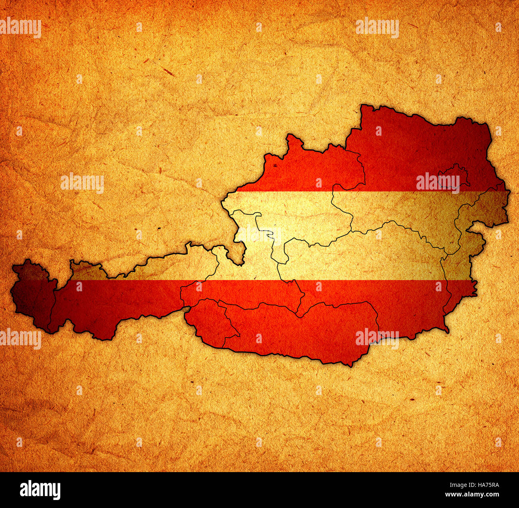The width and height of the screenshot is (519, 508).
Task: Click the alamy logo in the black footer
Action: (x=40, y=490)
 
